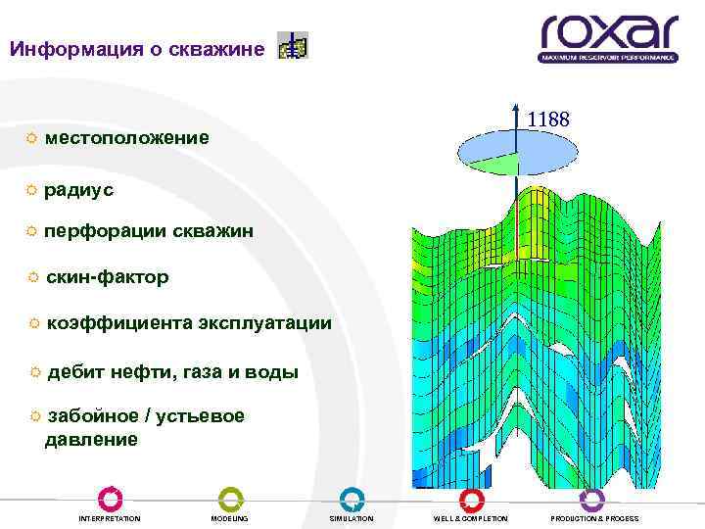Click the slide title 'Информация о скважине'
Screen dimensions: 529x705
(136, 48)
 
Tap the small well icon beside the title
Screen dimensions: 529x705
(292, 46)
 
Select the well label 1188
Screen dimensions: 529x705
(547, 120)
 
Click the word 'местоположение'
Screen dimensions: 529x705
(126, 138)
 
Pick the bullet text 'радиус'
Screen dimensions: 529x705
(78, 189)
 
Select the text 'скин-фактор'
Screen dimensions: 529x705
(107, 277)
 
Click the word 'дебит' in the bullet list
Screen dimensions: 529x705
(75, 371)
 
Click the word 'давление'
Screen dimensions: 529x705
(91, 440)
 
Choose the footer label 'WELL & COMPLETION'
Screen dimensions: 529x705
(471, 518)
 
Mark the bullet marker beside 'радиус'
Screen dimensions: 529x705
(32, 188)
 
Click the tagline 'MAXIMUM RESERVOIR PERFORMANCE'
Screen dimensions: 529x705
(607, 58)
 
